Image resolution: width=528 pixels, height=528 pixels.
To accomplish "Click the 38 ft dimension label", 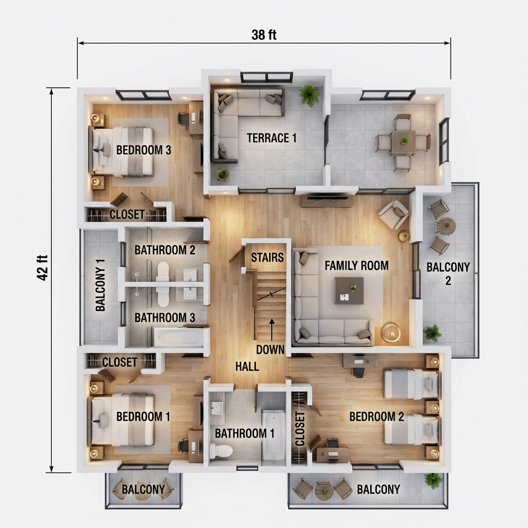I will coord(264,35).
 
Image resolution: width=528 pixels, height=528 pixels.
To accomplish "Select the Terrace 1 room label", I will coord(272,138).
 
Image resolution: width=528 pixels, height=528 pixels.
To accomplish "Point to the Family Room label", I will coord(356,266).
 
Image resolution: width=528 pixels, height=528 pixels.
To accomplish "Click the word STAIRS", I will coord(268,257).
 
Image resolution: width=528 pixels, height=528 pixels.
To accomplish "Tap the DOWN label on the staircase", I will coord(270,350).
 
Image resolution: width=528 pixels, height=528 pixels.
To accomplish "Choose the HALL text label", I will coord(247,367).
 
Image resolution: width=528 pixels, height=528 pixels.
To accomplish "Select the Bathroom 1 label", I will coord(244,434).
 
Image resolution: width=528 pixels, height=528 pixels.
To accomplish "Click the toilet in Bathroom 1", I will coord(221,451).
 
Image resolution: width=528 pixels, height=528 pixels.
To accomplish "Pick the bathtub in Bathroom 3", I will coord(179,338).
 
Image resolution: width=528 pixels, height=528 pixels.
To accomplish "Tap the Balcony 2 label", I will coord(448,273).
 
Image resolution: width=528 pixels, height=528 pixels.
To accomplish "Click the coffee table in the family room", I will coord(349,290).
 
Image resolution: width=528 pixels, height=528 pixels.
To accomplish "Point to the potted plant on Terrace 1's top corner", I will coord(309,95).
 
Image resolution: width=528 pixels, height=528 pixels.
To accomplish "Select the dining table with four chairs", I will coord(403,142).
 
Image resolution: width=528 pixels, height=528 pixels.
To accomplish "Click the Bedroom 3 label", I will coord(143,151).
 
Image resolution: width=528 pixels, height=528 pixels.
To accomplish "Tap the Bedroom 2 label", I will coord(376,417).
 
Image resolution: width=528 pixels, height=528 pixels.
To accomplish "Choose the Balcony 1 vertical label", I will coord(101,285).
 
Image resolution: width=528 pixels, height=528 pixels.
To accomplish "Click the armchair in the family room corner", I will coord(393,214).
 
